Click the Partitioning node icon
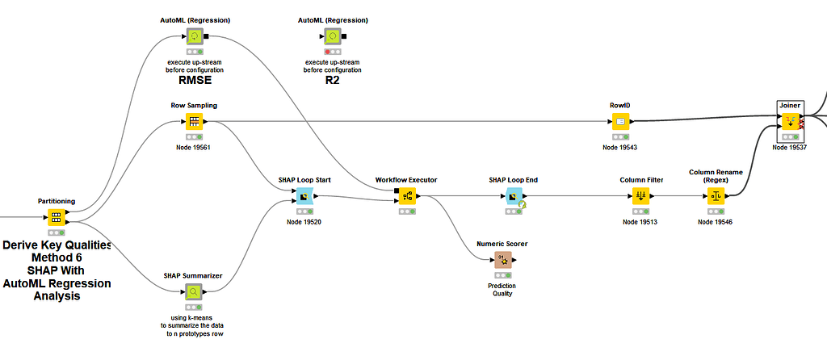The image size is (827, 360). click(x=56, y=217)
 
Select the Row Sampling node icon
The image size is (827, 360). click(x=194, y=122)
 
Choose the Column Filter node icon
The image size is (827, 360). click(x=640, y=195)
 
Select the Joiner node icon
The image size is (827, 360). click(x=789, y=121)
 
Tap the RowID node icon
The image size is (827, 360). click(x=619, y=122)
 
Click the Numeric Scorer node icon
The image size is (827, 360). click(x=502, y=259)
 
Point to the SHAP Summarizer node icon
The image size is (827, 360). click(x=194, y=291)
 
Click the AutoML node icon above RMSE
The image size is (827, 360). click(x=195, y=36)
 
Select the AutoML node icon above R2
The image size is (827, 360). click(x=332, y=36)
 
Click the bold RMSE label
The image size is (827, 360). click(x=195, y=80)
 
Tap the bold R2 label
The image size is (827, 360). click(x=332, y=80)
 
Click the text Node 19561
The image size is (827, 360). click(x=194, y=147)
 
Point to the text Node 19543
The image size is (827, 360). click(x=619, y=147)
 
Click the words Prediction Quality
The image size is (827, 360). click(x=502, y=289)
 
